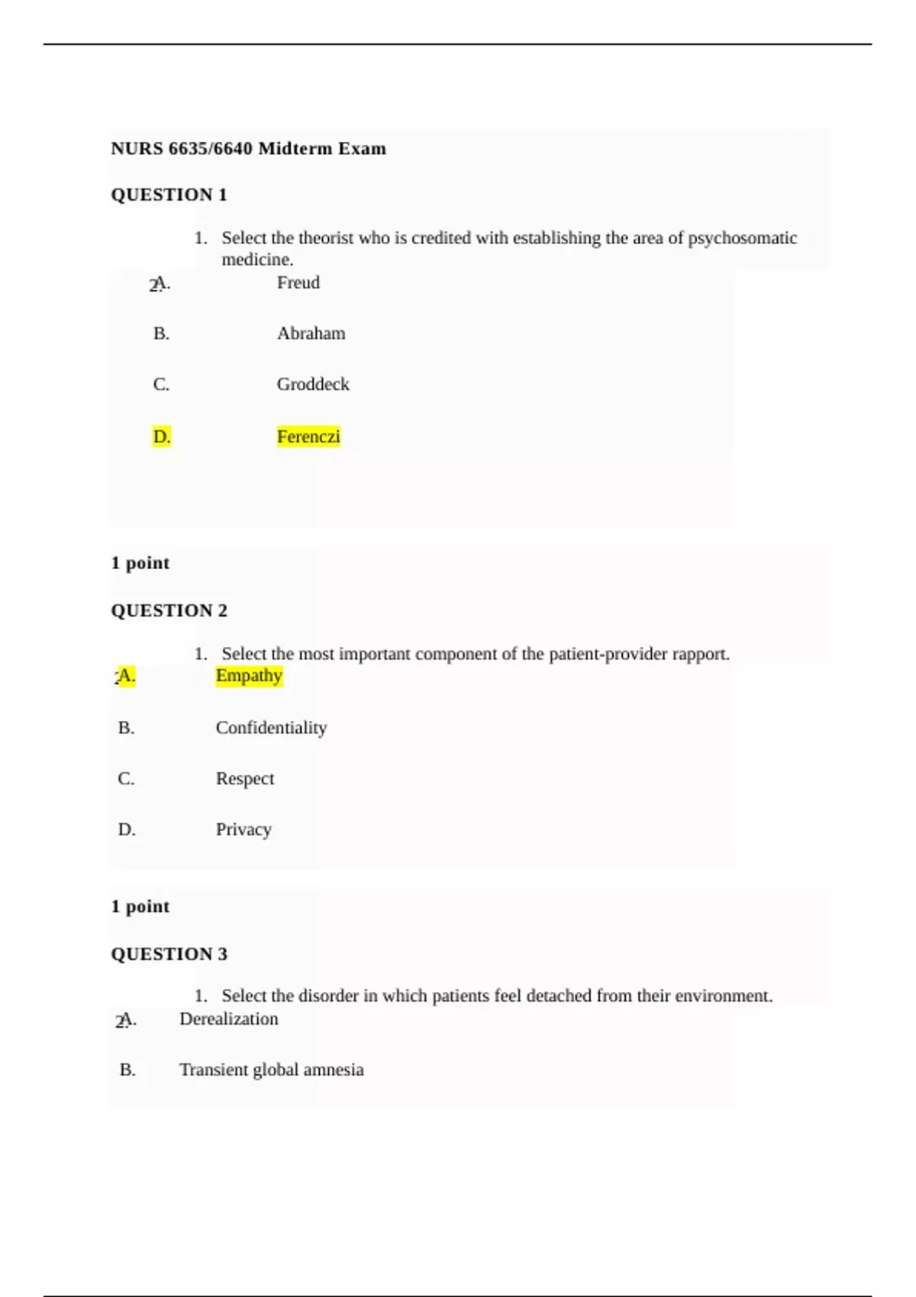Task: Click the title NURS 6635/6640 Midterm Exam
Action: click(248, 149)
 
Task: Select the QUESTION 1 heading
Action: click(169, 195)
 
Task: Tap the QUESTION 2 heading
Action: click(169, 610)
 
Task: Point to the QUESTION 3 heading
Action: click(169, 954)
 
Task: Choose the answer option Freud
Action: click(298, 283)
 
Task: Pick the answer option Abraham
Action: click(311, 333)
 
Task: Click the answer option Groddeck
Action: click(313, 385)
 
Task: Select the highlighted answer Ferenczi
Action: click(308, 437)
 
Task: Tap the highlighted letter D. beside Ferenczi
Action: click(161, 437)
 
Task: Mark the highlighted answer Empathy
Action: click(249, 676)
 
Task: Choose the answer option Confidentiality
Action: click(271, 728)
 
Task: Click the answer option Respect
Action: click(244, 779)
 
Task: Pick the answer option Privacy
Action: click(244, 830)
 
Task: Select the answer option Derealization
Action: click(228, 1019)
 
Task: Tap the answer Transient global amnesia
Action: click(271, 1070)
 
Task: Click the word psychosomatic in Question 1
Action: click(742, 239)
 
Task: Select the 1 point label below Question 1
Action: click(140, 563)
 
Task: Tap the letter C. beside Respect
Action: click(126, 779)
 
